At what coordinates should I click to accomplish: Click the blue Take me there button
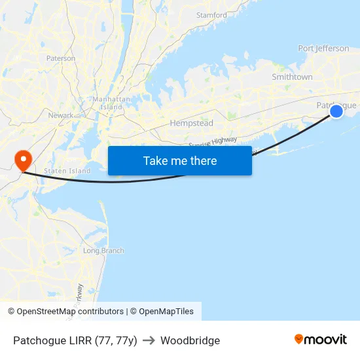pos(180,160)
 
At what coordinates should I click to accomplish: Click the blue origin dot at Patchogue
pos(336,111)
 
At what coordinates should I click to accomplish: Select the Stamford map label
pos(211,15)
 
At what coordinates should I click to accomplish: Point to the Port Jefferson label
pos(323,48)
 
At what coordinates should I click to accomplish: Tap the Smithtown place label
pos(292,77)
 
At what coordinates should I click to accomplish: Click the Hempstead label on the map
pos(191,123)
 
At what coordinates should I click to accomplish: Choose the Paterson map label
pos(61,58)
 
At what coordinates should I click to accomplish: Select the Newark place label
pos(61,115)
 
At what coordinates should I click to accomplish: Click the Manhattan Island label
pos(107,103)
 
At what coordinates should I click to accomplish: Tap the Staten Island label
pos(67,171)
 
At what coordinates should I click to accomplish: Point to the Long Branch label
pos(103,251)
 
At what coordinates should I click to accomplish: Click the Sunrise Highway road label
pos(213,142)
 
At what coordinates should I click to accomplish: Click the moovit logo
pos(321,340)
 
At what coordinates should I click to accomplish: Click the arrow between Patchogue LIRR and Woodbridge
pos(149,340)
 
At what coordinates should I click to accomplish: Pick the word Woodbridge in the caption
pos(190,340)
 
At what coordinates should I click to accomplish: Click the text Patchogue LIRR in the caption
pos(52,340)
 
